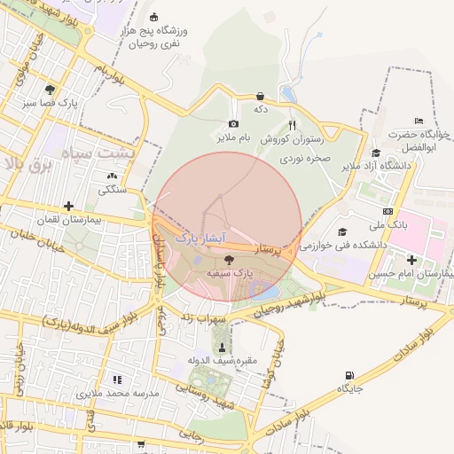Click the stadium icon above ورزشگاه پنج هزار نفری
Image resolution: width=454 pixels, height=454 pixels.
click(153, 17)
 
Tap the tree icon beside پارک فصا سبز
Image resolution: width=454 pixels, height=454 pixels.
click(50, 90)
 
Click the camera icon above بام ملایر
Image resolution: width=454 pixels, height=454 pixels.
click(233, 124)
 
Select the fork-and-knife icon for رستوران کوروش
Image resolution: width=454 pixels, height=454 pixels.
click(293, 125)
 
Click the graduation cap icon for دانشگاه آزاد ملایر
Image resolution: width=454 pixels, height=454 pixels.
click(376, 153)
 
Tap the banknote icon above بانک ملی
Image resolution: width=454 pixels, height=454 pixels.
click(387, 211)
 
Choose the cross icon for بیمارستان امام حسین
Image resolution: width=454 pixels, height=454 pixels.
click(411, 260)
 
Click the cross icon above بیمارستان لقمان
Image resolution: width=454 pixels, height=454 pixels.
click(68, 206)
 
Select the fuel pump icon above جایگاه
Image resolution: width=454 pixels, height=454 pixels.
click(349, 376)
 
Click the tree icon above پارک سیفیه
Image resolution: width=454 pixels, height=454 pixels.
click(231, 260)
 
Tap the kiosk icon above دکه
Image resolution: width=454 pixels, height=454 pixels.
click(260, 96)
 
